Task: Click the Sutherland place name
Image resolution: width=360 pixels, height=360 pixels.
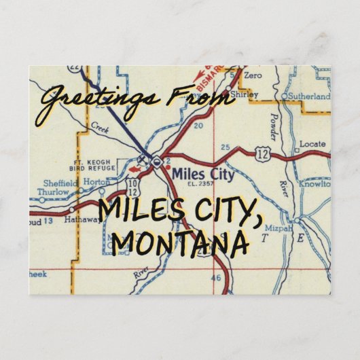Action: point(309,96)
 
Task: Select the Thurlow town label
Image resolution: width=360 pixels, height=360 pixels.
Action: point(52,192)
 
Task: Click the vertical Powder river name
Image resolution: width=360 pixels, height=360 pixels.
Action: point(272,130)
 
